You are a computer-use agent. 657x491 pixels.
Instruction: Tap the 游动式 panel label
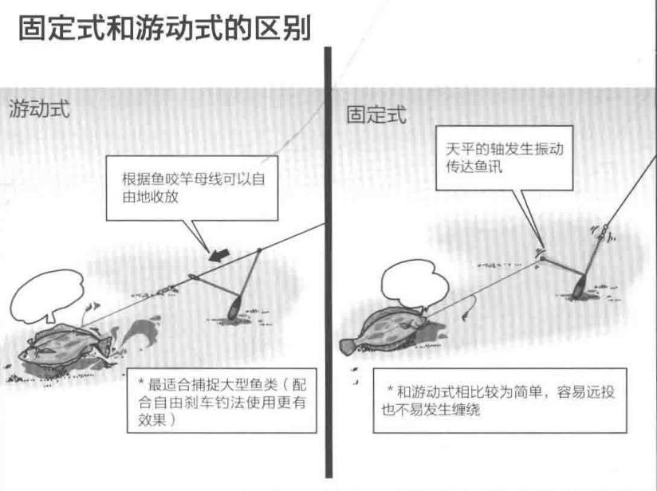(39, 109)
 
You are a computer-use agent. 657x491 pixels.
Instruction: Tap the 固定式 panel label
(376, 116)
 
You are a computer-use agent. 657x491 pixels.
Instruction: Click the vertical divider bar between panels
(327, 263)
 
